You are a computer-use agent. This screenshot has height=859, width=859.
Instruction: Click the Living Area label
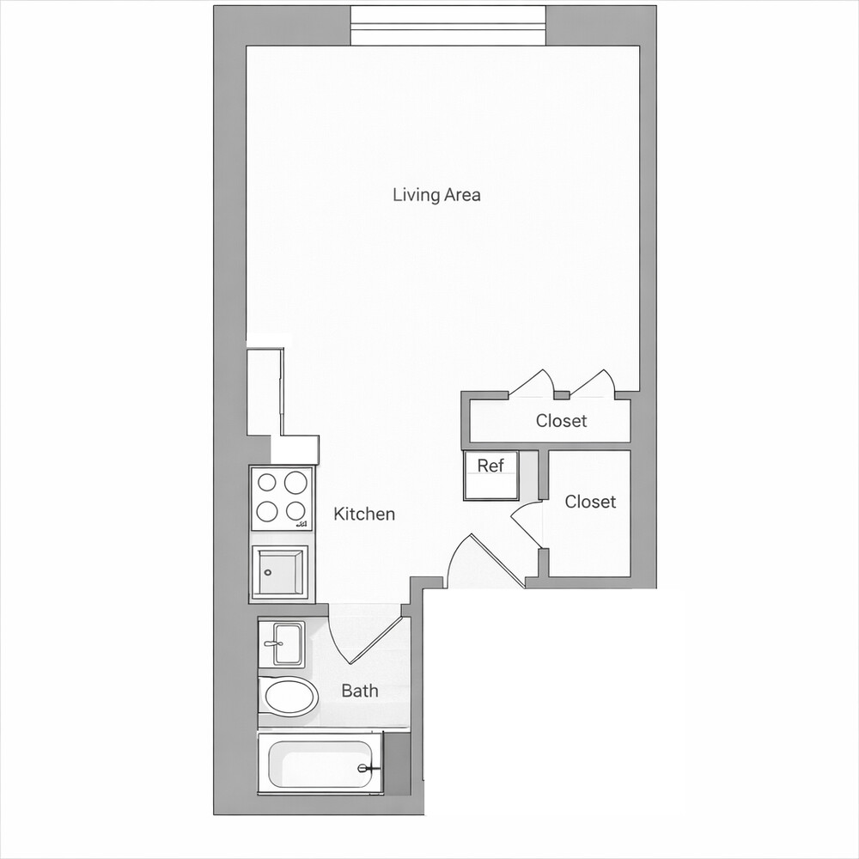(436, 195)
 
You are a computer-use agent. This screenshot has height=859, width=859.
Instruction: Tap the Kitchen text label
(364, 515)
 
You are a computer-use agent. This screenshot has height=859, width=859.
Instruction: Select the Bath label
(359, 691)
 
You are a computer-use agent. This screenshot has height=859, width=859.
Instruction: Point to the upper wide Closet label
(561, 421)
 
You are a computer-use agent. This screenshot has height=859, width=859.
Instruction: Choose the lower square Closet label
(590, 502)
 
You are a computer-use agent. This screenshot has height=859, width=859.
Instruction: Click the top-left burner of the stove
(268, 482)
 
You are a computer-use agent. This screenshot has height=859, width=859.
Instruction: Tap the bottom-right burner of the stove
(295, 510)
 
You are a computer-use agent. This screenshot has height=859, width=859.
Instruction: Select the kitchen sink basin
(279, 572)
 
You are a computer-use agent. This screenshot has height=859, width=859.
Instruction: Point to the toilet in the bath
(289, 698)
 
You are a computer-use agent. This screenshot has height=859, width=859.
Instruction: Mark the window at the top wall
(449, 26)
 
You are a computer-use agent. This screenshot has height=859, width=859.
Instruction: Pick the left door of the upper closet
(535, 384)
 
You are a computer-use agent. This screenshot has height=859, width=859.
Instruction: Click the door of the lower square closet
(526, 524)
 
